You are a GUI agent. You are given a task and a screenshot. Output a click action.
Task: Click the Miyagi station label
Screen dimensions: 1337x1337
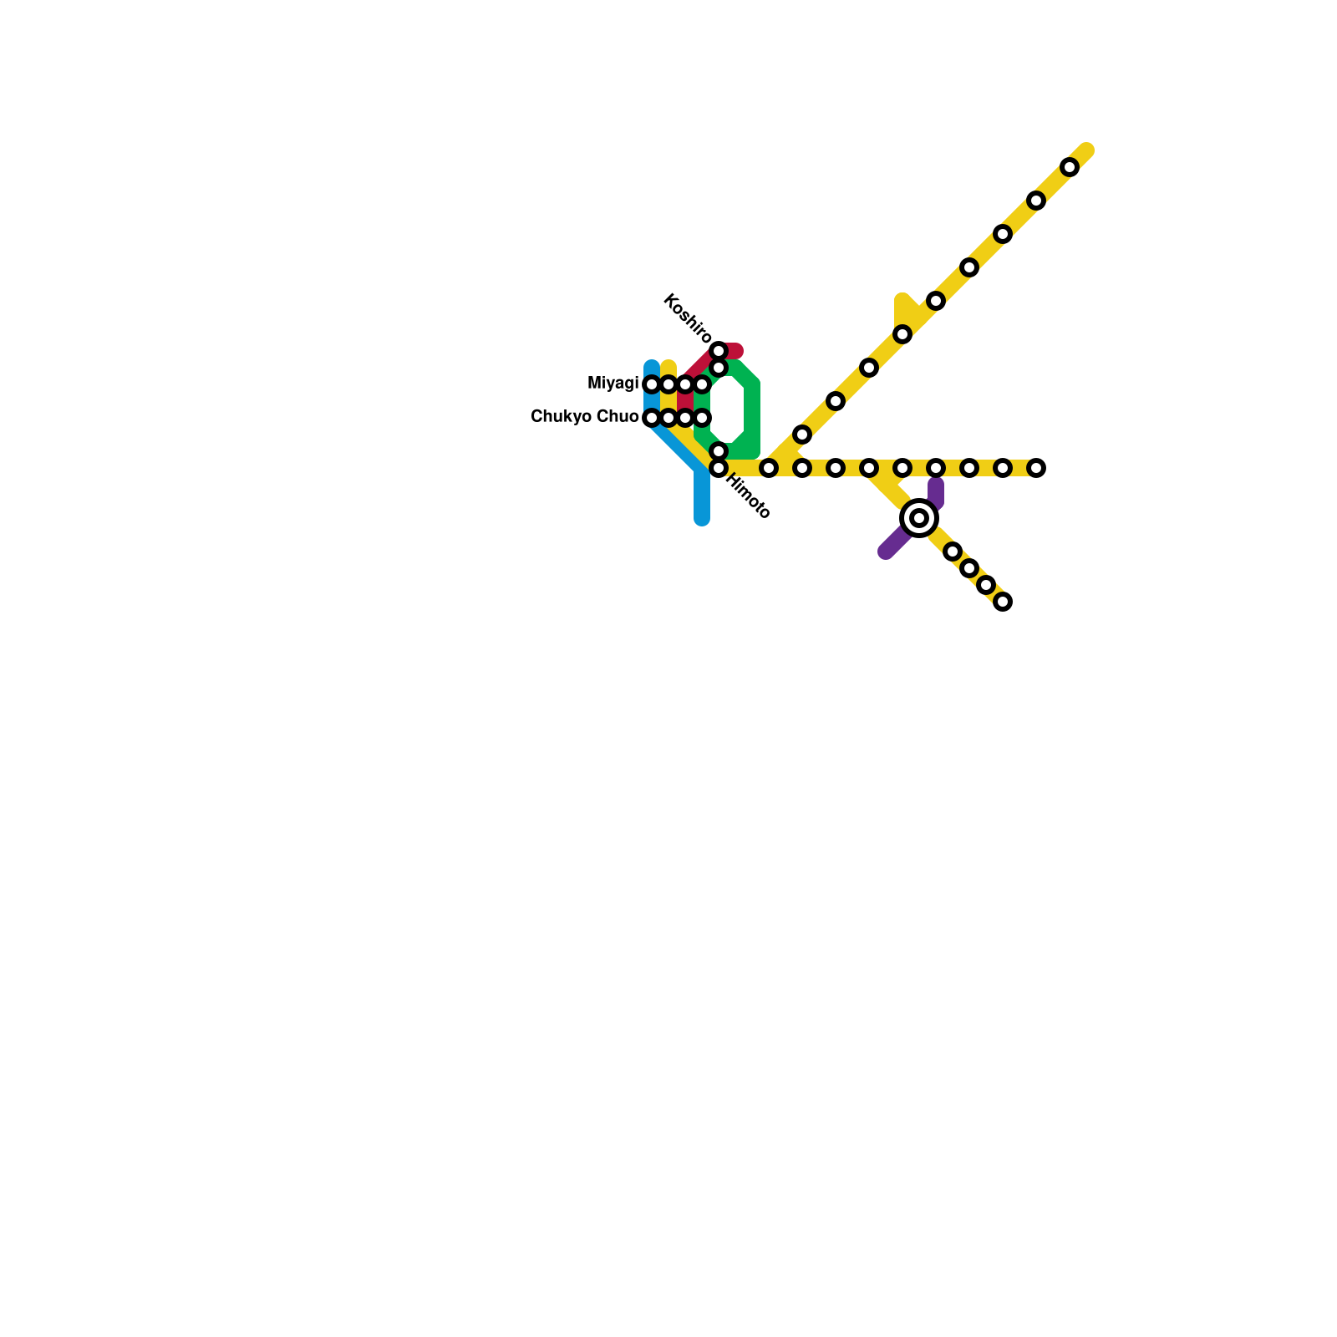pos(613,384)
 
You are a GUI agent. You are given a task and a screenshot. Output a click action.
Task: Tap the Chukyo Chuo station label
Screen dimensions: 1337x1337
pos(584,416)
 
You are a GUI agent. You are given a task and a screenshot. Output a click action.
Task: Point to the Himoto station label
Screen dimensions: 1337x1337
pos(748,496)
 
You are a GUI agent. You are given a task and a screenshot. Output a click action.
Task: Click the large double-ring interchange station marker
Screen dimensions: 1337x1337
pos(919,518)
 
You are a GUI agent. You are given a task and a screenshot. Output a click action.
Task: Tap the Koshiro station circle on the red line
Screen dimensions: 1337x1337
pos(719,350)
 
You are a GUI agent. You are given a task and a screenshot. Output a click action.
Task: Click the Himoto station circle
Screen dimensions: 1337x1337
pos(719,468)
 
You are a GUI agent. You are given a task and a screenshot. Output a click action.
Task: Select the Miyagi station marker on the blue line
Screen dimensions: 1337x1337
pos(652,384)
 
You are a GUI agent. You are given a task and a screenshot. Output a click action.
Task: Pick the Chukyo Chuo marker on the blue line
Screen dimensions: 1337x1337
pos(652,418)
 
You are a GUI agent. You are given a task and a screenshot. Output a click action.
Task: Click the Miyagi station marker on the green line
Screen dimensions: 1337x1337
pos(702,384)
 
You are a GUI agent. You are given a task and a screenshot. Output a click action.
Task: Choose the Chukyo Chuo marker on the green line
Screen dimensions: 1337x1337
pos(702,418)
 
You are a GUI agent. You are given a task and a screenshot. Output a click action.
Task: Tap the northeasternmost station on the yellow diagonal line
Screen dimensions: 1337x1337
pos(1070,167)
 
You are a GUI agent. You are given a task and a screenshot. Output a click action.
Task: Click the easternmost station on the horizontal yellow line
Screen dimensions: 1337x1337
pos(1036,468)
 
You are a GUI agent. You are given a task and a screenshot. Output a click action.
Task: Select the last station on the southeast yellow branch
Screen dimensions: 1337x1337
pos(1003,602)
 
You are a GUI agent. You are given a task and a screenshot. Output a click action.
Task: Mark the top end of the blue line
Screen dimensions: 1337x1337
pos(652,366)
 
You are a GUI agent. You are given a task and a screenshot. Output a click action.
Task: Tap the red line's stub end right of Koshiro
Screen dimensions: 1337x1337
pos(737,350)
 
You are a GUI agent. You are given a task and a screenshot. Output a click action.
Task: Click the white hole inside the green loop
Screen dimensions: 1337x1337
pos(727,409)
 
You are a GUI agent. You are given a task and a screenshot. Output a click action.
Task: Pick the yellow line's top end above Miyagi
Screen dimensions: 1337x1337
pos(668,367)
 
